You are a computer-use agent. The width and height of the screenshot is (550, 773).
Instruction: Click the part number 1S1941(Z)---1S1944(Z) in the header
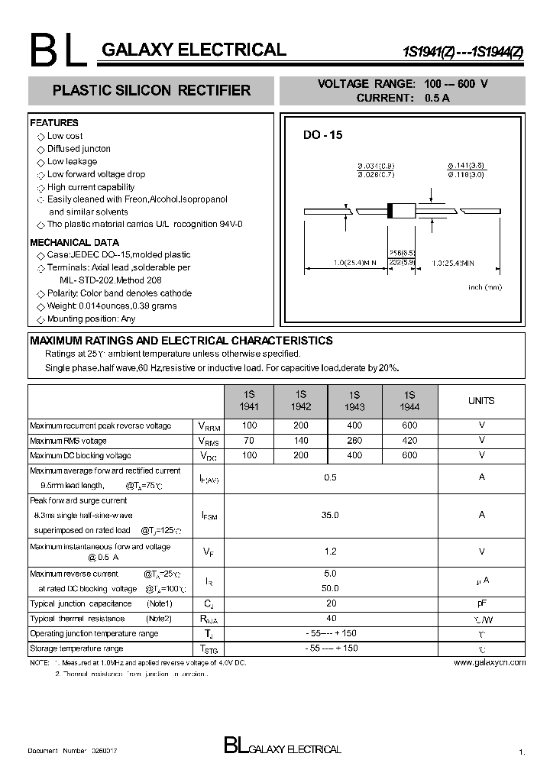(463, 52)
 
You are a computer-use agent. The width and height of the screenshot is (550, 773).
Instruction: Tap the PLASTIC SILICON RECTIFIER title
(151, 91)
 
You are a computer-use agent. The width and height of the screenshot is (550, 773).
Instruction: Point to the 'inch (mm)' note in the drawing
(484, 287)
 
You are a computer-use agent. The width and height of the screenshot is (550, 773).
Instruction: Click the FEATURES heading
(54, 123)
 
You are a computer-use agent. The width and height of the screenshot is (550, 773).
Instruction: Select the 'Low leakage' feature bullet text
(72, 161)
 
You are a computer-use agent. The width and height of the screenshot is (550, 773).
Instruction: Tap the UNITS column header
(480, 401)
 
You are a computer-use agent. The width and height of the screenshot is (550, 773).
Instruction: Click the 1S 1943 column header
(354, 401)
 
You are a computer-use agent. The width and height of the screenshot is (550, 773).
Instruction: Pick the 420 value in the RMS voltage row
(409, 441)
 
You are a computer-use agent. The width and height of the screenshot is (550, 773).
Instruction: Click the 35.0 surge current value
(329, 516)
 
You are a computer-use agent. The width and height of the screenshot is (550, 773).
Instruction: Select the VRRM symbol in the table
(209, 427)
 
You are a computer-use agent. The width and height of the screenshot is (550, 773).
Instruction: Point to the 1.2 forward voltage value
(329, 551)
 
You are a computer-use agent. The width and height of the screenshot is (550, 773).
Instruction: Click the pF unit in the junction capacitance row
(481, 603)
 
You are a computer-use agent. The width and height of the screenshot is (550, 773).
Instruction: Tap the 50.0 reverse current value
(329, 588)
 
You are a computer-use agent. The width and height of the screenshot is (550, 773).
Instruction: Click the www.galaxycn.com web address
(489, 662)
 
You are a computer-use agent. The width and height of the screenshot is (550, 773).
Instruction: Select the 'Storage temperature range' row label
(76, 648)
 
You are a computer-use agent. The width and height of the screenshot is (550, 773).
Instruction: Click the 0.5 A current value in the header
(436, 98)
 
